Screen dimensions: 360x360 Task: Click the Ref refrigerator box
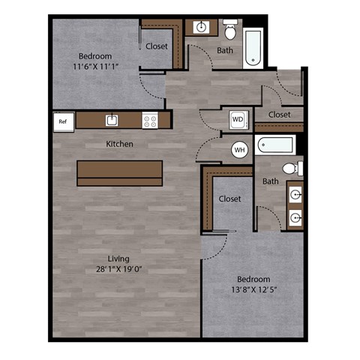[x=62, y=121]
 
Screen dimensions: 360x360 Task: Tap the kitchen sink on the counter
[x=111, y=120]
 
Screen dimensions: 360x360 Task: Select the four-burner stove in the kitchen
[x=150, y=120]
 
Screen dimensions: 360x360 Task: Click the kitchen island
[x=119, y=172]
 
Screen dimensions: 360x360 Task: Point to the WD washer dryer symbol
[x=237, y=119]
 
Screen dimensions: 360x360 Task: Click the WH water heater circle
[x=240, y=150]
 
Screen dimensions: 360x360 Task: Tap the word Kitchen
[x=119, y=143]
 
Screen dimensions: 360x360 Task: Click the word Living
[x=118, y=259]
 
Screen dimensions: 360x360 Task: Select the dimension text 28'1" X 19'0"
[x=118, y=270]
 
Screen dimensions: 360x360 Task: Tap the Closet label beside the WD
[x=279, y=115]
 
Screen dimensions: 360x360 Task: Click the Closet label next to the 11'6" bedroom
[x=157, y=46]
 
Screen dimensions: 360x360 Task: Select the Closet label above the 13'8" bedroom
[x=229, y=199]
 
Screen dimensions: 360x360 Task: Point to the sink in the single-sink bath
[x=201, y=28]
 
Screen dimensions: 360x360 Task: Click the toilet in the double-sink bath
[x=292, y=169]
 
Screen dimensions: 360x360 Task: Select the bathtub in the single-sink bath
[x=253, y=46]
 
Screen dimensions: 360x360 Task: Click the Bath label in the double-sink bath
[x=271, y=181]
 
